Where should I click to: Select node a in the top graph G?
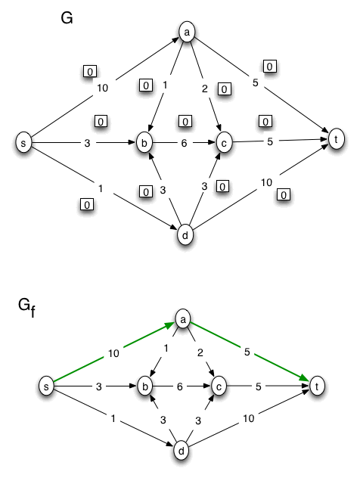pos(186,32)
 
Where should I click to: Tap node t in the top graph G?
pos(336,138)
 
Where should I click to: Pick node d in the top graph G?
pos(184,235)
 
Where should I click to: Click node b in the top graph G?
pos(145,142)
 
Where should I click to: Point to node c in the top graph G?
pos(224,142)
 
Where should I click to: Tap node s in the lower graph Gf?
pos(48,386)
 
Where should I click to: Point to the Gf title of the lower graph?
pos(26,307)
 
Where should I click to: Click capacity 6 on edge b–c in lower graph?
pos(181,386)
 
